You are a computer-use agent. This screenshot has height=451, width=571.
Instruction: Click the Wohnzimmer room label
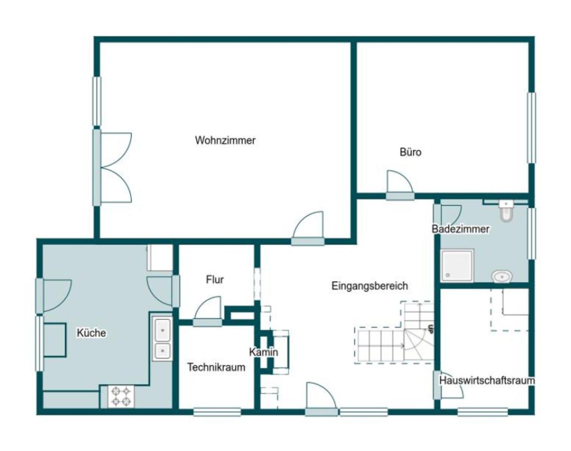pyautogui.click(x=225, y=140)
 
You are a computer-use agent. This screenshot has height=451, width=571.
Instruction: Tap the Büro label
pyautogui.click(x=411, y=152)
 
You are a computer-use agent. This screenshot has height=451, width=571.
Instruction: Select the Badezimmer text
pyautogui.click(x=460, y=229)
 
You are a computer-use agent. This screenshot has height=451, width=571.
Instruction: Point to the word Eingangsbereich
pyautogui.click(x=369, y=286)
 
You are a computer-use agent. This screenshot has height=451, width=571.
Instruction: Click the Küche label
pyautogui.click(x=91, y=333)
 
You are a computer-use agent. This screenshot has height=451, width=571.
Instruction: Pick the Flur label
pyautogui.click(x=215, y=280)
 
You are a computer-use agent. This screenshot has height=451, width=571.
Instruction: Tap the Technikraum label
pyautogui.click(x=216, y=367)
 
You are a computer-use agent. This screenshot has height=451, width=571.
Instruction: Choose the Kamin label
pyautogui.click(x=264, y=352)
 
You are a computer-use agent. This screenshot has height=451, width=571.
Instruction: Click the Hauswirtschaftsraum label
pyautogui.click(x=487, y=380)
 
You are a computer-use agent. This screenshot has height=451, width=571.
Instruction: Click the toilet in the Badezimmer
pyautogui.click(x=506, y=211)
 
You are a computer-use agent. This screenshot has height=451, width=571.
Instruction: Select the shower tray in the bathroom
pyautogui.click(x=457, y=266)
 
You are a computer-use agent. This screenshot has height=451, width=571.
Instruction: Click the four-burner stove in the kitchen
pyautogui.click(x=121, y=396)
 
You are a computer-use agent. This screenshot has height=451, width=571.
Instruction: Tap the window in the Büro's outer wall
pyautogui.click(x=532, y=128)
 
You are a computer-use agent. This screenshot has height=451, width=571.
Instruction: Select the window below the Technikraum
pyautogui.click(x=217, y=412)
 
